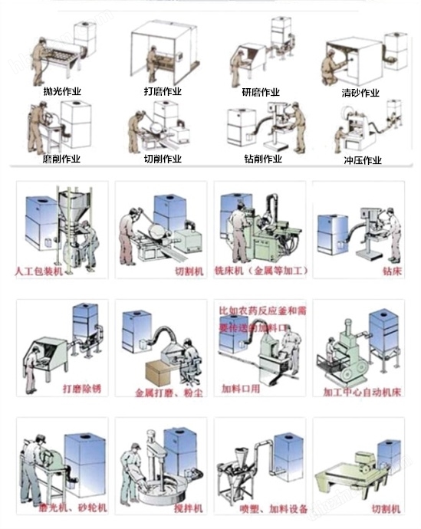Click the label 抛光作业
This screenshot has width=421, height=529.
point(62,91)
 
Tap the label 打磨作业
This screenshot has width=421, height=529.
point(163,92)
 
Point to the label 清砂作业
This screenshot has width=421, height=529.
point(360,94)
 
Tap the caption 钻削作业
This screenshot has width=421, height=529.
point(263,159)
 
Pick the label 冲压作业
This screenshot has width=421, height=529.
point(363,161)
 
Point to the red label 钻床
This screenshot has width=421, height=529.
point(391,272)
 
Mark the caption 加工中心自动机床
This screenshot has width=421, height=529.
point(361,390)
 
